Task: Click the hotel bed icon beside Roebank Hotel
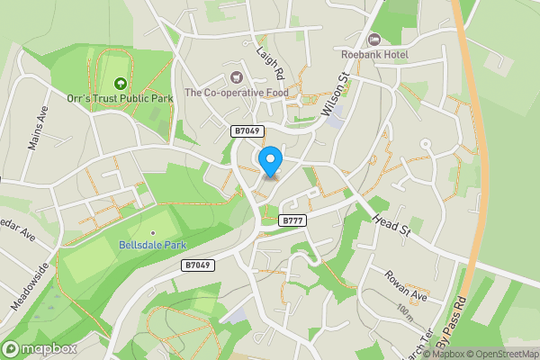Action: click(374, 40)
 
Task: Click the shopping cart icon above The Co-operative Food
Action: click(237, 77)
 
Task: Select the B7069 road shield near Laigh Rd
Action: click(246, 131)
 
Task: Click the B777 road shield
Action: click(292, 220)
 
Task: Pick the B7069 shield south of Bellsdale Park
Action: click(197, 265)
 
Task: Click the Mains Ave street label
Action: click(39, 128)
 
